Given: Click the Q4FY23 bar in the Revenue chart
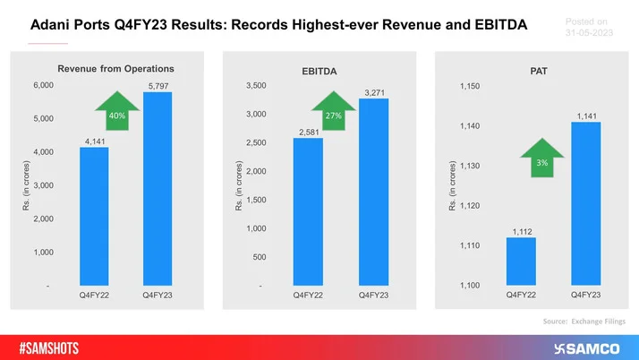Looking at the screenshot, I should tap(156, 188).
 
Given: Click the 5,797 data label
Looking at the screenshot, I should tap(157, 85).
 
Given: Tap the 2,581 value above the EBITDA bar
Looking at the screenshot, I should tap(309, 132).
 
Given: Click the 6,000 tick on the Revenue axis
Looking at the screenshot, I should tap(43, 85).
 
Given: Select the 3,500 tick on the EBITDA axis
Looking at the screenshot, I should tap(254, 85).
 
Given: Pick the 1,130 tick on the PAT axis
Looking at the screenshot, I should tap(470, 167).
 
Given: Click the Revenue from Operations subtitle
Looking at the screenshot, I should tap(115, 68).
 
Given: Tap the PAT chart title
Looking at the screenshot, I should tap(538, 69).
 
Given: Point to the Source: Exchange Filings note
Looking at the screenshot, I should tap(584, 320).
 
